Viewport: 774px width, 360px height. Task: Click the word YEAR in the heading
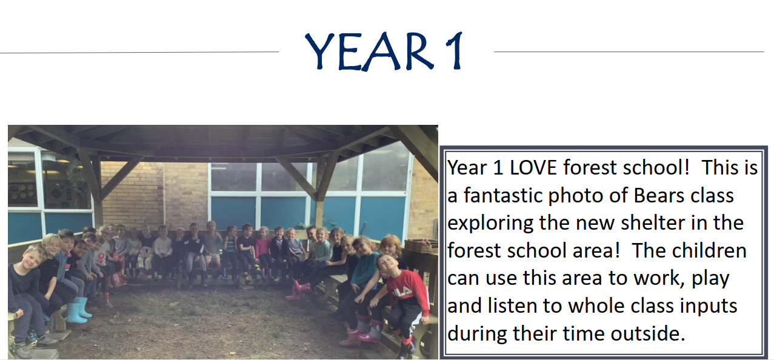[x=369, y=52]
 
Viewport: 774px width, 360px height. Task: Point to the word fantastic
[x=502, y=196]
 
